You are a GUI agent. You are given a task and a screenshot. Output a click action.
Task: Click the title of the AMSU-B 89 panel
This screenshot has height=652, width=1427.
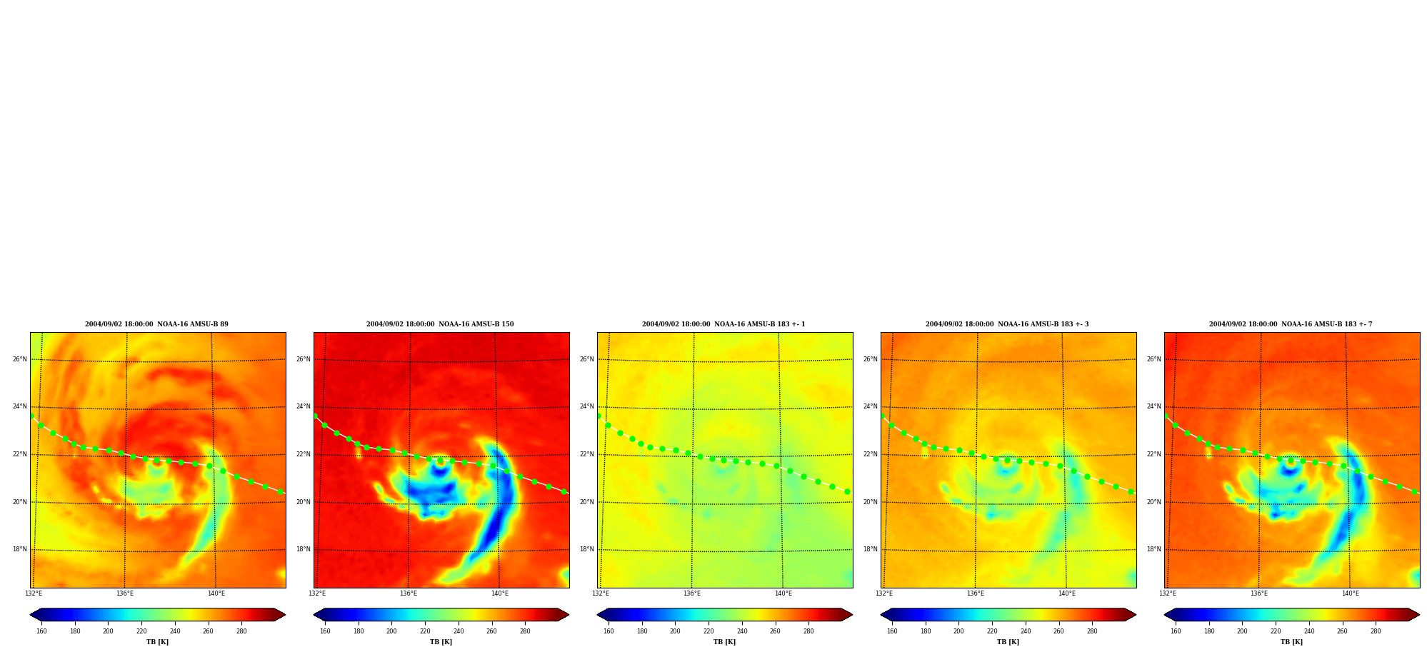click(156, 324)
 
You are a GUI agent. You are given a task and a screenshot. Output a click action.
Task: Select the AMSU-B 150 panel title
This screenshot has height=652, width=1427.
click(440, 324)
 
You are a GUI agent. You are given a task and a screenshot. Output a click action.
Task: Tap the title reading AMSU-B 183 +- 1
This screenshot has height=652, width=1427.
click(723, 324)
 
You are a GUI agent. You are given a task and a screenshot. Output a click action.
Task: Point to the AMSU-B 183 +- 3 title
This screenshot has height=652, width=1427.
click(1007, 324)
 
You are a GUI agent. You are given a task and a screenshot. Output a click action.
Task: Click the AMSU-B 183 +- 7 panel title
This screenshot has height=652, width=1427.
click(1291, 324)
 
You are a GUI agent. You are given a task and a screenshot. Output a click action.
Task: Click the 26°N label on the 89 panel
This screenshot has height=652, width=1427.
click(19, 359)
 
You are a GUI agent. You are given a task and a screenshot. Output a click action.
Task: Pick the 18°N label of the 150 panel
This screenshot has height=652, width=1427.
click(303, 549)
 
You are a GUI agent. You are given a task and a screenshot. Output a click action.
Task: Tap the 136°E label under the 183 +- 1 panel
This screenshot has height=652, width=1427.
click(692, 593)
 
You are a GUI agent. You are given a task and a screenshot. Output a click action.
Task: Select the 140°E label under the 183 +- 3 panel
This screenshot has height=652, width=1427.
click(1067, 593)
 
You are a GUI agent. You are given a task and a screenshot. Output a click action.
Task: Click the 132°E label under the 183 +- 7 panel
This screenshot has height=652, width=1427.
click(1168, 593)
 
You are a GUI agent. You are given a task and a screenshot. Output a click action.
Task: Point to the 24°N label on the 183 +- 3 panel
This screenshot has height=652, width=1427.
click(870, 406)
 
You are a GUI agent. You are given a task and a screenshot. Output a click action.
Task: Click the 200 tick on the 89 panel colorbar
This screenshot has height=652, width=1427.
click(108, 631)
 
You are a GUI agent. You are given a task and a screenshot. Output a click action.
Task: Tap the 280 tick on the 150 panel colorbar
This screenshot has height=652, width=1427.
click(525, 631)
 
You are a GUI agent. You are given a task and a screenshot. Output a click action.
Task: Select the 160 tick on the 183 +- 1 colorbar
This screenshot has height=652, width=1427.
click(609, 631)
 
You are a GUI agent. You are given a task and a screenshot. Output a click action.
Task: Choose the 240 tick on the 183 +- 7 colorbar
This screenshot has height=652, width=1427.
click(1309, 631)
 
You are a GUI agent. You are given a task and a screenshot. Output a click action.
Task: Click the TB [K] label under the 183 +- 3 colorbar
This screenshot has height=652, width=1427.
click(1008, 642)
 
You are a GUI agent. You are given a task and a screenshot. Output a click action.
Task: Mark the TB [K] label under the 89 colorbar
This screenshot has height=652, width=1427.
click(157, 642)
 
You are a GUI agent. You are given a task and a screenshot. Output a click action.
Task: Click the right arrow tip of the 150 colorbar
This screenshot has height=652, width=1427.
click(569, 615)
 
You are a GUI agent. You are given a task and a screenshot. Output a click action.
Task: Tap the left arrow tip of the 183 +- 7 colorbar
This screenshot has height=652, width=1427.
click(1164, 615)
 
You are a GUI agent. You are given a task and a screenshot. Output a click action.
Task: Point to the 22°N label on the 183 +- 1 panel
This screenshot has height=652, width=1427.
click(586, 454)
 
